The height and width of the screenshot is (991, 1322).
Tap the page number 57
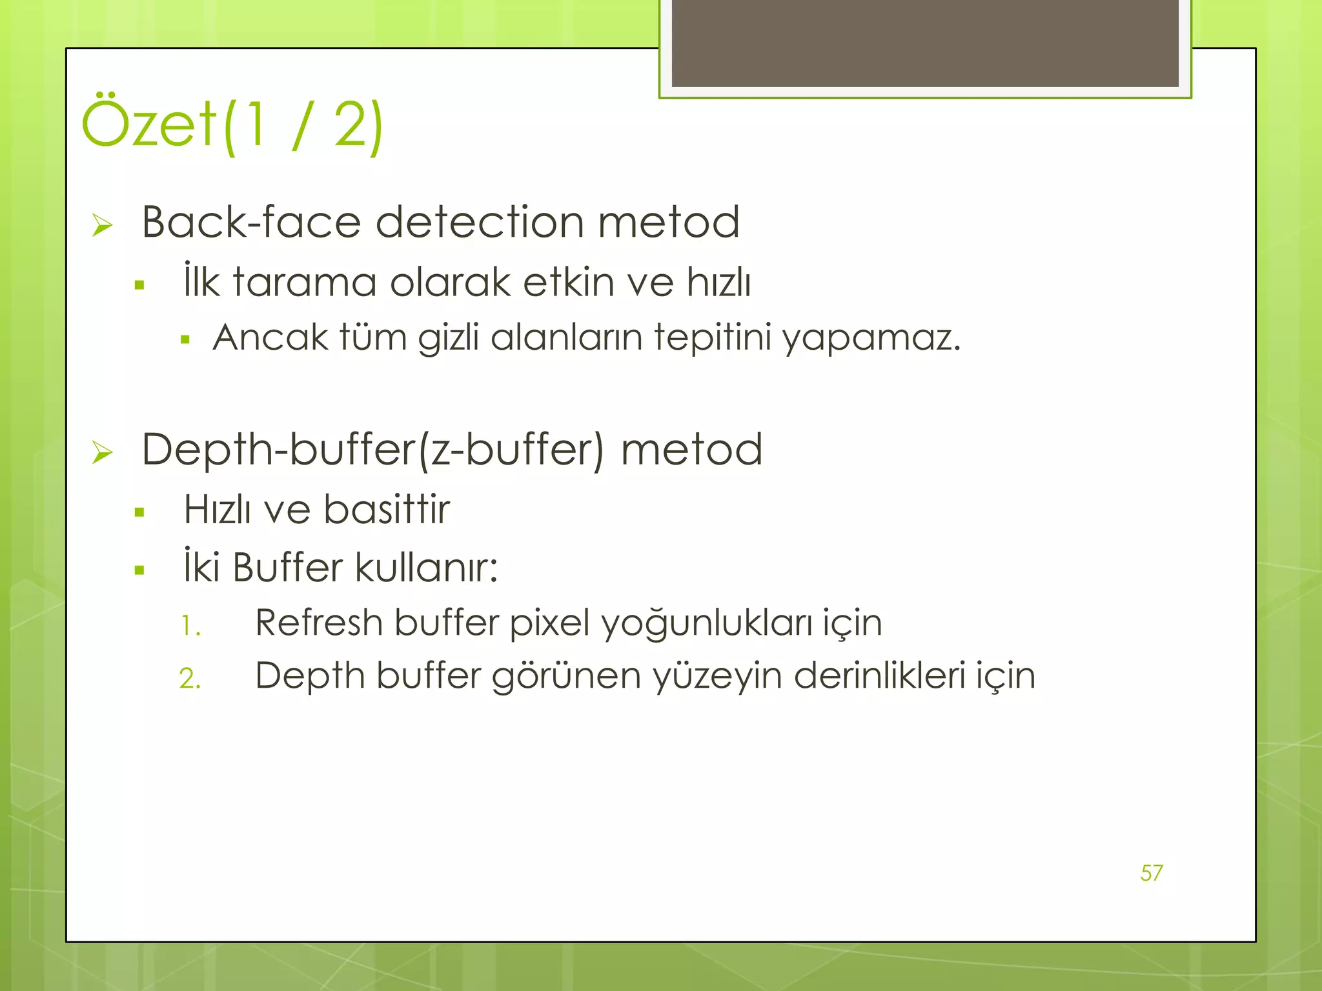click(x=1152, y=873)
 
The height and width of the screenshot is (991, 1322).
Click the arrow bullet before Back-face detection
click(x=102, y=225)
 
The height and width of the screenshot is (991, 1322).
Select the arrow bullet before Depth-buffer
click(x=102, y=452)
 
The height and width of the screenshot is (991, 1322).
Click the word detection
click(x=479, y=222)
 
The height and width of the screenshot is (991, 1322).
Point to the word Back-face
click(x=251, y=222)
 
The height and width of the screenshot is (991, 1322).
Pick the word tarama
click(x=304, y=282)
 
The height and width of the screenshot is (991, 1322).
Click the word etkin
click(x=568, y=282)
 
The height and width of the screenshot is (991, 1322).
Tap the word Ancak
click(x=270, y=337)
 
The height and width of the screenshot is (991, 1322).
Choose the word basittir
click(x=386, y=510)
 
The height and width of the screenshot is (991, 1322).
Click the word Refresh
click(x=319, y=623)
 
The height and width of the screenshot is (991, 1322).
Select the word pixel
click(x=549, y=623)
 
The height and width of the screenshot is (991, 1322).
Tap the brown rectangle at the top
click(x=925, y=43)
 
